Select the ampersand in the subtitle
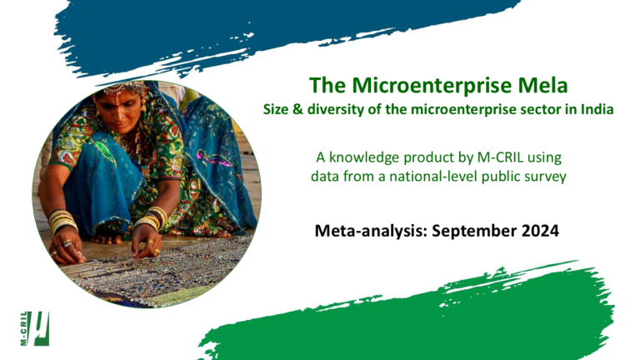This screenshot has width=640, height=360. tap(297, 109)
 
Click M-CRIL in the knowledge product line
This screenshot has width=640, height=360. tap(500, 157)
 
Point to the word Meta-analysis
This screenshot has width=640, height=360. tap(371, 232)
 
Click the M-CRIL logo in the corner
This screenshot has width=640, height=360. tap(35, 328)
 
